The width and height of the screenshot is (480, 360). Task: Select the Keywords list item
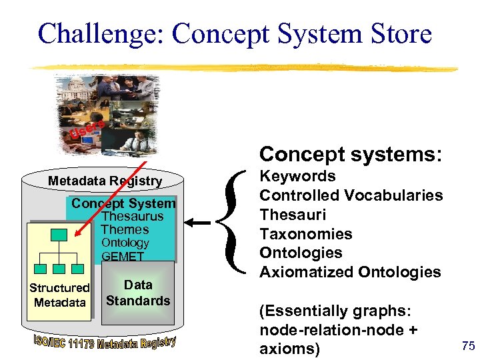[x=297, y=177]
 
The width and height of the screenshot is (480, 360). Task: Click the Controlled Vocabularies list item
[x=351, y=195]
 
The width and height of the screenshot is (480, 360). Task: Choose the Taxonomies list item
[x=306, y=234]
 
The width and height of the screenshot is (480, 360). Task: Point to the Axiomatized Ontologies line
[x=350, y=272]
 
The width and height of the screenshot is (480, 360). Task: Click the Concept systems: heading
[x=351, y=154]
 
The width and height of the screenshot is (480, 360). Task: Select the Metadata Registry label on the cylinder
[x=105, y=181]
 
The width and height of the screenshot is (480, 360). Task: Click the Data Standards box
[x=138, y=293]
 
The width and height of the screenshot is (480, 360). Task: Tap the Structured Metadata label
[x=59, y=295]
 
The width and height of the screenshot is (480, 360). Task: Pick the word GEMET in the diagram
[x=123, y=256]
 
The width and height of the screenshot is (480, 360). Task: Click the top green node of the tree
[x=59, y=235]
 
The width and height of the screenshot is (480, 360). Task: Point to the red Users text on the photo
[x=87, y=129]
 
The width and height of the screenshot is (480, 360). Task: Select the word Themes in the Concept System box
[x=125, y=229]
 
